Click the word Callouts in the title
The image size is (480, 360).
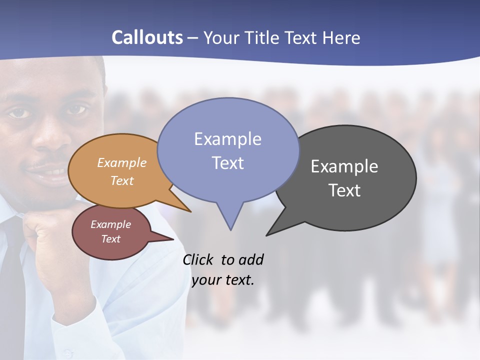[x=147, y=37]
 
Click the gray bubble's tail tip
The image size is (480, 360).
[x=267, y=234]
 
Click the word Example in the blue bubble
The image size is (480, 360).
[x=227, y=139]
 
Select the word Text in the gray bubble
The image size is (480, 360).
[x=344, y=190]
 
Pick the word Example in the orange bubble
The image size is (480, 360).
[x=122, y=163]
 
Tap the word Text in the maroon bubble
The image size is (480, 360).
[x=110, y=239]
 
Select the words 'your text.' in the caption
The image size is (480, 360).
[x=223, y=280]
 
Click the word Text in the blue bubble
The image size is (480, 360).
[x=227, y=163]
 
